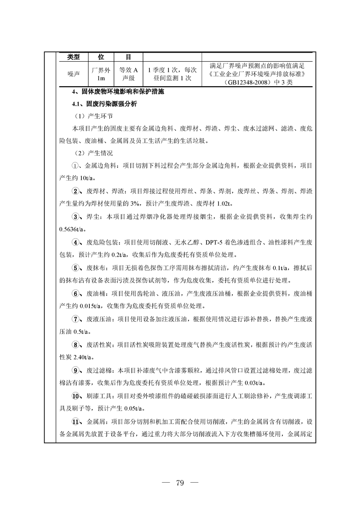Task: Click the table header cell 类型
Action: coord(73,57)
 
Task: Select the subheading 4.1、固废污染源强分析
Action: coord(101,104)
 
